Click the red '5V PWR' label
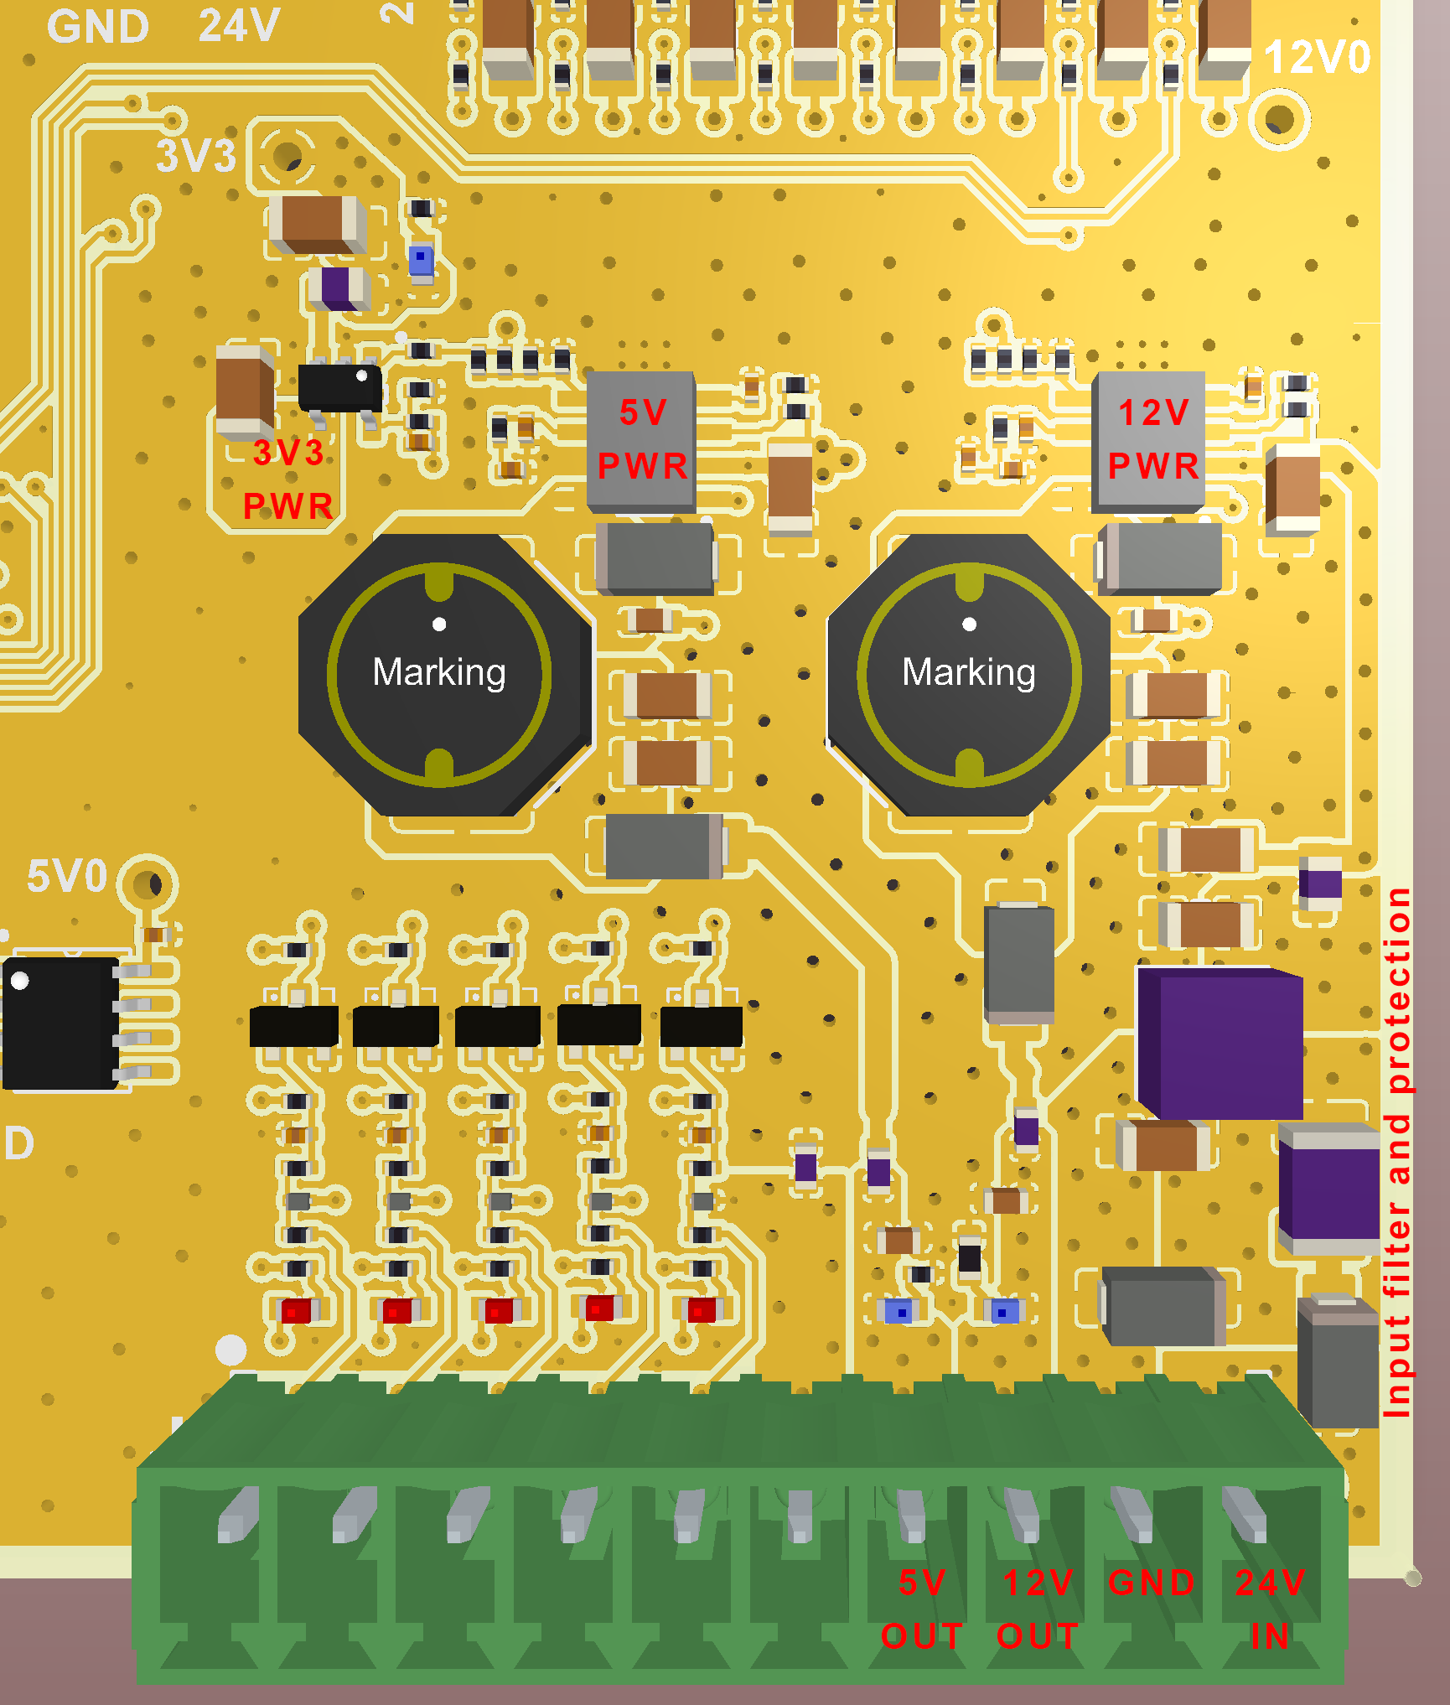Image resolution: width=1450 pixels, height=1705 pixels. tap(642, 439)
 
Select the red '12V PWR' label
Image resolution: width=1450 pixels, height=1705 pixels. tap(1153, 439)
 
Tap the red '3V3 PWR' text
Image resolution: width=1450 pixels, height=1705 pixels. tap(287, 479)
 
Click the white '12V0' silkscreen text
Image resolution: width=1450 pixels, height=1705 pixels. tap(1317, 57)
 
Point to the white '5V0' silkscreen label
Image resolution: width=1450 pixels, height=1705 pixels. tap(67, 876)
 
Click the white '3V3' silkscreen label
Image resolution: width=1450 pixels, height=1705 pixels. tap(196, 156)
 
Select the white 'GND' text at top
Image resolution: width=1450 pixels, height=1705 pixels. tap(98, 27)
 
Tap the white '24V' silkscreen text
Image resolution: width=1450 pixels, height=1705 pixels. tap(239, 25)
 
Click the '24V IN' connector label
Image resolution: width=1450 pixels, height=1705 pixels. tap(1270, 1609)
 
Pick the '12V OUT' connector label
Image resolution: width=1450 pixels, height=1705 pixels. tap(1038, 1609)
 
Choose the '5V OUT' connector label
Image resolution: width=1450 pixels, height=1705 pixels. tap(922, 1609)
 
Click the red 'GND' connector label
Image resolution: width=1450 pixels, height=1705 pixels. tap(1152, 1583)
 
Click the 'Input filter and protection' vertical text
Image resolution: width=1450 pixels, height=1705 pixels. tap(1397, 1153)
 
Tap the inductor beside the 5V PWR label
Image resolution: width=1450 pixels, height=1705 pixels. tap(439, 675)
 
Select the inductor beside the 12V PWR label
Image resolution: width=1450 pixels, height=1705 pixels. tap(969, 675)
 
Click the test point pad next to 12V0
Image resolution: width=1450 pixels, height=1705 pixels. tap(1279, 119)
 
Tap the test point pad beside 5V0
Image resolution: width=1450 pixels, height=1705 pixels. tap(148, 884)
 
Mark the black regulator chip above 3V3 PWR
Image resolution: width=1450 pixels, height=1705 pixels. tap(339, 387)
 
